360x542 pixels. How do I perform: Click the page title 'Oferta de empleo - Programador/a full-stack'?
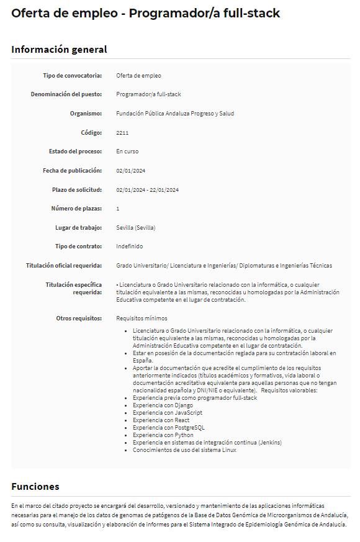(145, 13)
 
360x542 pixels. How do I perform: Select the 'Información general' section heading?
(59, 50)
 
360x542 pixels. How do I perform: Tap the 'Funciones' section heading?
(35, 486)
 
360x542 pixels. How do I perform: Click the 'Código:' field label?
(91, 132)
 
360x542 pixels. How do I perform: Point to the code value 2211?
(122, 132)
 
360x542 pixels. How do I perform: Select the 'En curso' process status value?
(127, 151)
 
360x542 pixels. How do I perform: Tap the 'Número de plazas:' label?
(76, 209)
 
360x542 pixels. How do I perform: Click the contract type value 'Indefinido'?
(129, 246)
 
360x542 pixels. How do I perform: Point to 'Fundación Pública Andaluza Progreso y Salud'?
(175, 114)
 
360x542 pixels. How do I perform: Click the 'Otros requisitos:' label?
(79, 318)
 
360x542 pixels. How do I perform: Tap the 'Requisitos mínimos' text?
(141, 318)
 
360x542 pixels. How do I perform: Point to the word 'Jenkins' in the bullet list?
(269, 443)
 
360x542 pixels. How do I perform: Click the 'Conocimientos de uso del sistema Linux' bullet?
(184, 450)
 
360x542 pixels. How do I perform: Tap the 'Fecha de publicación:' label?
(72, 171)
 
